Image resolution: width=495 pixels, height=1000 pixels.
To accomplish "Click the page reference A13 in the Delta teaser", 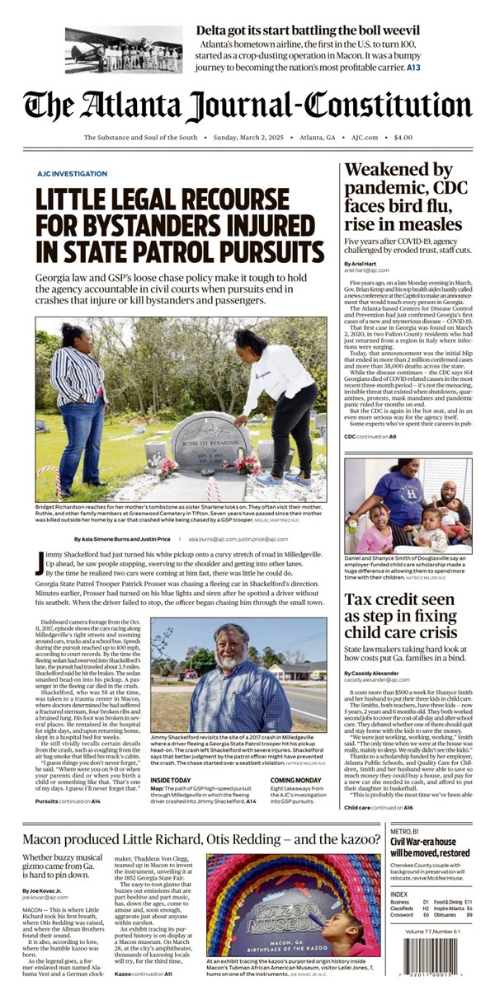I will [x=412, y=67].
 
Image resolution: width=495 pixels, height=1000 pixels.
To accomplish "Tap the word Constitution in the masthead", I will [x=387, y=107].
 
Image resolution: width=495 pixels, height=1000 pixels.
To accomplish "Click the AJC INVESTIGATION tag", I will [x=72, y=174].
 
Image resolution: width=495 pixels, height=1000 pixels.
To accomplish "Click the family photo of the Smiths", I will [x=407, y=504].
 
